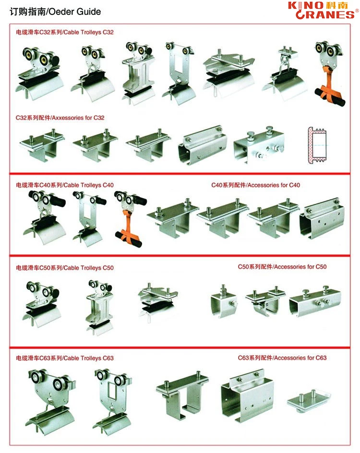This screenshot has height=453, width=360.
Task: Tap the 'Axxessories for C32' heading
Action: (60, 117)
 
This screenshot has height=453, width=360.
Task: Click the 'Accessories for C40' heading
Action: (255, 185)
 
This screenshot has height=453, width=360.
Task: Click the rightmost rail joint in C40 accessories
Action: (322, 217)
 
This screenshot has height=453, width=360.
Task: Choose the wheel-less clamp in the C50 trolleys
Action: (158, 300)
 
